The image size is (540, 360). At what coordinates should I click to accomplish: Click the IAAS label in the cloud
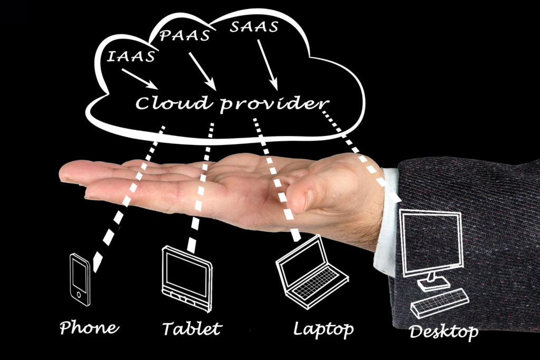(131, 56)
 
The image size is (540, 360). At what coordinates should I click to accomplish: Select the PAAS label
(185, 35)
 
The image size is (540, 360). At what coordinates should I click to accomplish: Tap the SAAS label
(254, 27)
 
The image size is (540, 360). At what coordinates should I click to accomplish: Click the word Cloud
(173, 102)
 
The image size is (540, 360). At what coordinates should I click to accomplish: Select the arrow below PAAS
(202, 71)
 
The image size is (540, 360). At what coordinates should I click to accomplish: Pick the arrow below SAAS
(267, 65)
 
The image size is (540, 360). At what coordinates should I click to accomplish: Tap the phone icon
(80, 279)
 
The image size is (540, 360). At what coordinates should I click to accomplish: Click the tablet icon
(187, 278)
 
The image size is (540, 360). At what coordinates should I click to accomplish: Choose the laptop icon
(311, 272)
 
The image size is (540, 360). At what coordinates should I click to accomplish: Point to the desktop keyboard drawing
(440, 303)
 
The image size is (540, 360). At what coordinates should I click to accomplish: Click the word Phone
(89, 327)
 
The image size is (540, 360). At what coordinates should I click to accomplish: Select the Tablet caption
(192, 328)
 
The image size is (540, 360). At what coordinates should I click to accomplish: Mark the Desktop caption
(443, 332)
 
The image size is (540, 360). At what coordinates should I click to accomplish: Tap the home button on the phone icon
(79, 295)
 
